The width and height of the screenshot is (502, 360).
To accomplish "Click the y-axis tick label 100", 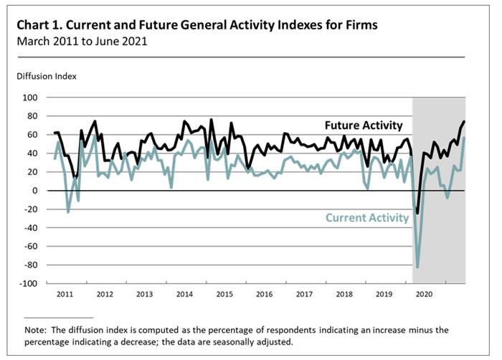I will (x=30, y=97).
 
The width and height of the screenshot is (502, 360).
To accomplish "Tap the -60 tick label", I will (x=29, y=246).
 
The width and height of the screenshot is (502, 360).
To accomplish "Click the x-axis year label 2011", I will (x=65, y=294).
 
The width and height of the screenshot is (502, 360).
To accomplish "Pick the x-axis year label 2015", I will (x=225, y=294).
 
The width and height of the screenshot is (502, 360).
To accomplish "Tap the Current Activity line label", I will (x=366, y=218).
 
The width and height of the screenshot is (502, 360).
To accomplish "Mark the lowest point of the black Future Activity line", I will (x=417, y=213).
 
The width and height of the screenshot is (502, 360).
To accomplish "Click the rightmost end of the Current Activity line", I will (x=464, y=138).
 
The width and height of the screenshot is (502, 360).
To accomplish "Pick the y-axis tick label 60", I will (x=32, y=134).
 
